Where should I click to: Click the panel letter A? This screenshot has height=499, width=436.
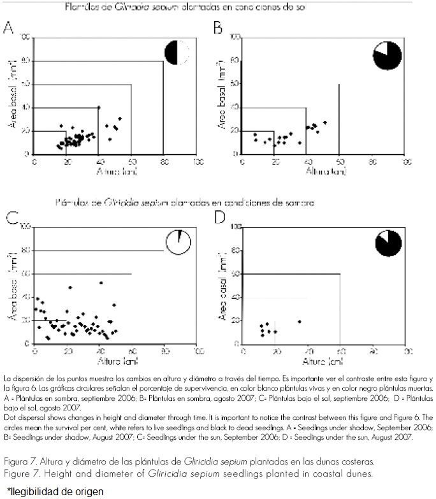pos(9,27)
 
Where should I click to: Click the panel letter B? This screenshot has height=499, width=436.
pos(217,28)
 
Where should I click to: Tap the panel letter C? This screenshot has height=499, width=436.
pos(10,218)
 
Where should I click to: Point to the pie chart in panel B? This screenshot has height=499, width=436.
pos(387,55)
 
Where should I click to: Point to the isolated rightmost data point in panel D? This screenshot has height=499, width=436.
pos(299,322)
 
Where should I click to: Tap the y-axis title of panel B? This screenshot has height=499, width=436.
pos(222,95)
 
